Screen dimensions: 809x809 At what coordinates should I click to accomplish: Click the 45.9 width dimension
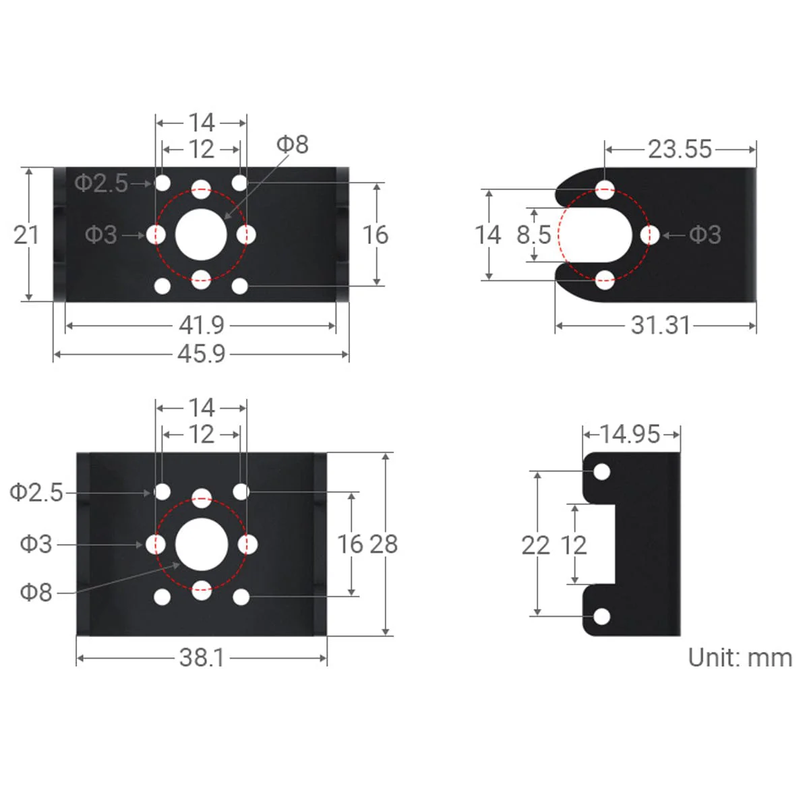[x=201, y=353]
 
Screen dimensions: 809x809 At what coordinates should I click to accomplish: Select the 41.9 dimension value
[x=201, y=326]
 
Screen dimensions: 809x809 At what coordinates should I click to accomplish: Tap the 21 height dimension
[x=26, y=235]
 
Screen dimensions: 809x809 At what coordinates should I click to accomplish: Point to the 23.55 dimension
[x=680, y=149]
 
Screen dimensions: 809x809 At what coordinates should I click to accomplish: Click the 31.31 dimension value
[x=661, y=326]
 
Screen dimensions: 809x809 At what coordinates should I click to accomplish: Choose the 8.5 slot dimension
[x=534, y=235]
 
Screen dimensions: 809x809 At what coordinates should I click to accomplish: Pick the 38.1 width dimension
[x=201, y=657]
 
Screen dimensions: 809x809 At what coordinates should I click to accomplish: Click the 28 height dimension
[x=383, y=544]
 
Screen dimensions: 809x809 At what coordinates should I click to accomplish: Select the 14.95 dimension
[x=630, y=434]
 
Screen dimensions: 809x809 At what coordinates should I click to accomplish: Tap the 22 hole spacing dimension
[x=535, y=545]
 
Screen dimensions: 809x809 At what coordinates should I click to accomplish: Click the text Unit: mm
[x=740, y=657]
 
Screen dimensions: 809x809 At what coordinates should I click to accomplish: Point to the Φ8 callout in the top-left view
[x=292, y=144]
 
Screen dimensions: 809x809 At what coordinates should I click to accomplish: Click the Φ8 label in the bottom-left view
[x=36, y=592]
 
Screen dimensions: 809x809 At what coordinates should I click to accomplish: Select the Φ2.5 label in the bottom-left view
[x=36, y=492]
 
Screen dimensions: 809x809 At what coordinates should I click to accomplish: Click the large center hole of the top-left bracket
[x=201, y=235]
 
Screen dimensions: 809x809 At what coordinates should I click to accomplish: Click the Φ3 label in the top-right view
[x=705, y=235]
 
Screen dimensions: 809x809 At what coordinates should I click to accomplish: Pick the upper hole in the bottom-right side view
[x=601, y=471]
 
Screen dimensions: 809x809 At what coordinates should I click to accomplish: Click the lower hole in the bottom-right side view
[x=601, y=616]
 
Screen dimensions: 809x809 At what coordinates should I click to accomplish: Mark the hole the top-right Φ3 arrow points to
[x=649, y=235]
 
